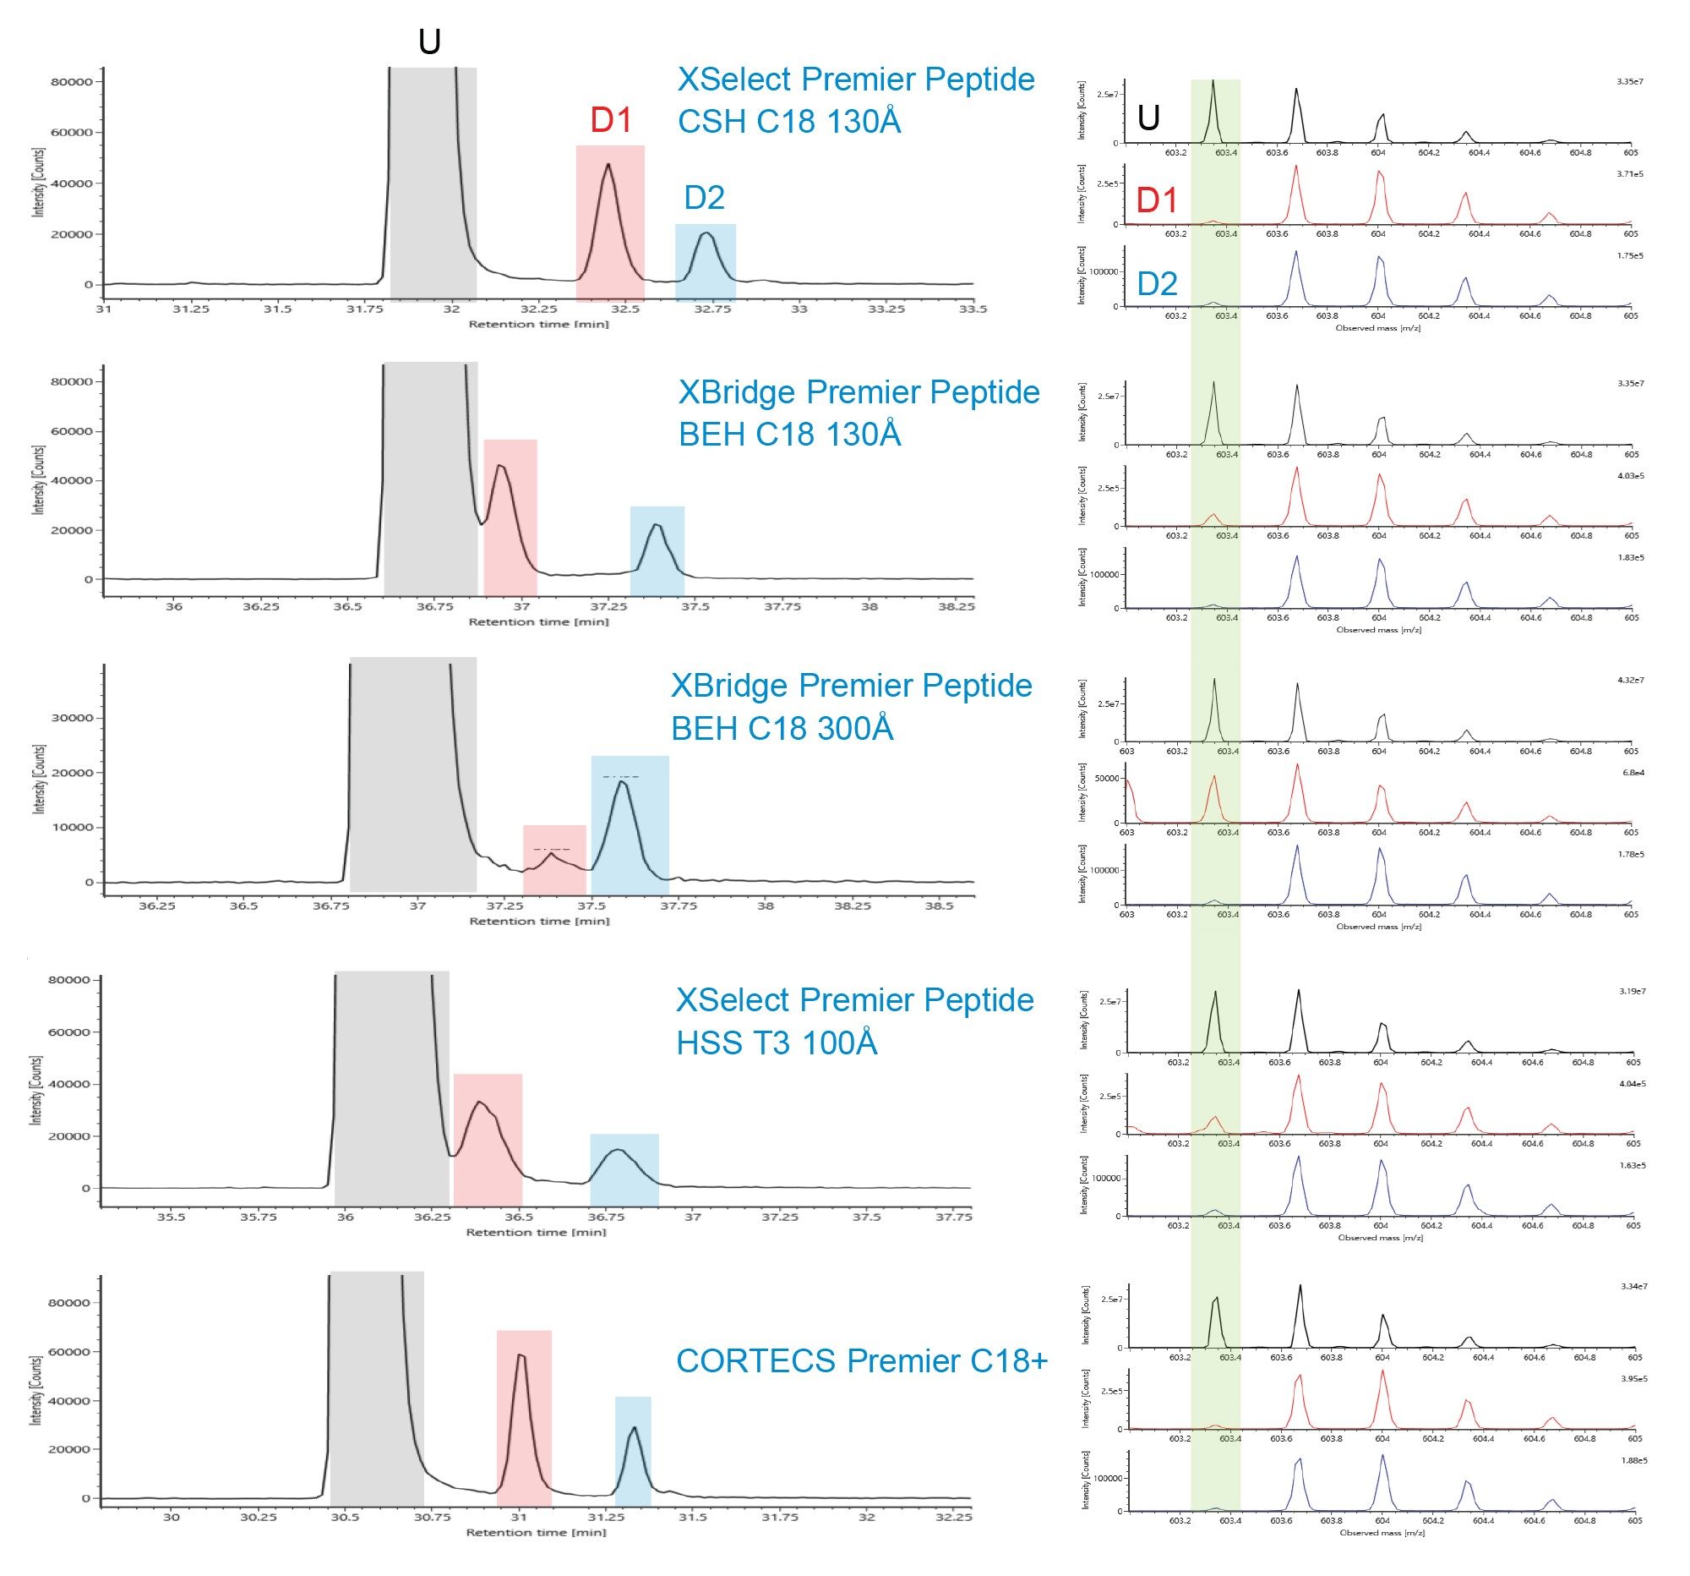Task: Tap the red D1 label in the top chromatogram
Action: click(x=610, y=121)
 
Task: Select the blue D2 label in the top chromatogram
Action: click(x=704, y=198)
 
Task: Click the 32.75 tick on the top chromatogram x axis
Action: click(x=712, y=309)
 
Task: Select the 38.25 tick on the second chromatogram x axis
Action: click(x=957, y=607)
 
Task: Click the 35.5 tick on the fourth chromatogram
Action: click(x=171, y=1217)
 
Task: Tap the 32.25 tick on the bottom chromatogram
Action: click(x=953, y=1518)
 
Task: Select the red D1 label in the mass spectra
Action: click(x=1157, y=200)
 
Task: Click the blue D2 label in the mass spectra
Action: click(x=1157, y=283)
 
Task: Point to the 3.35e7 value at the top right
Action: click(x=1632, y=82)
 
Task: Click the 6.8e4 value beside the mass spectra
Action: click(x=1633, y=772)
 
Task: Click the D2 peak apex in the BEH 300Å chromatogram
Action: click(x=621, y=780)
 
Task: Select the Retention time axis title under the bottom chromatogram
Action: click(x=537, y=1533)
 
